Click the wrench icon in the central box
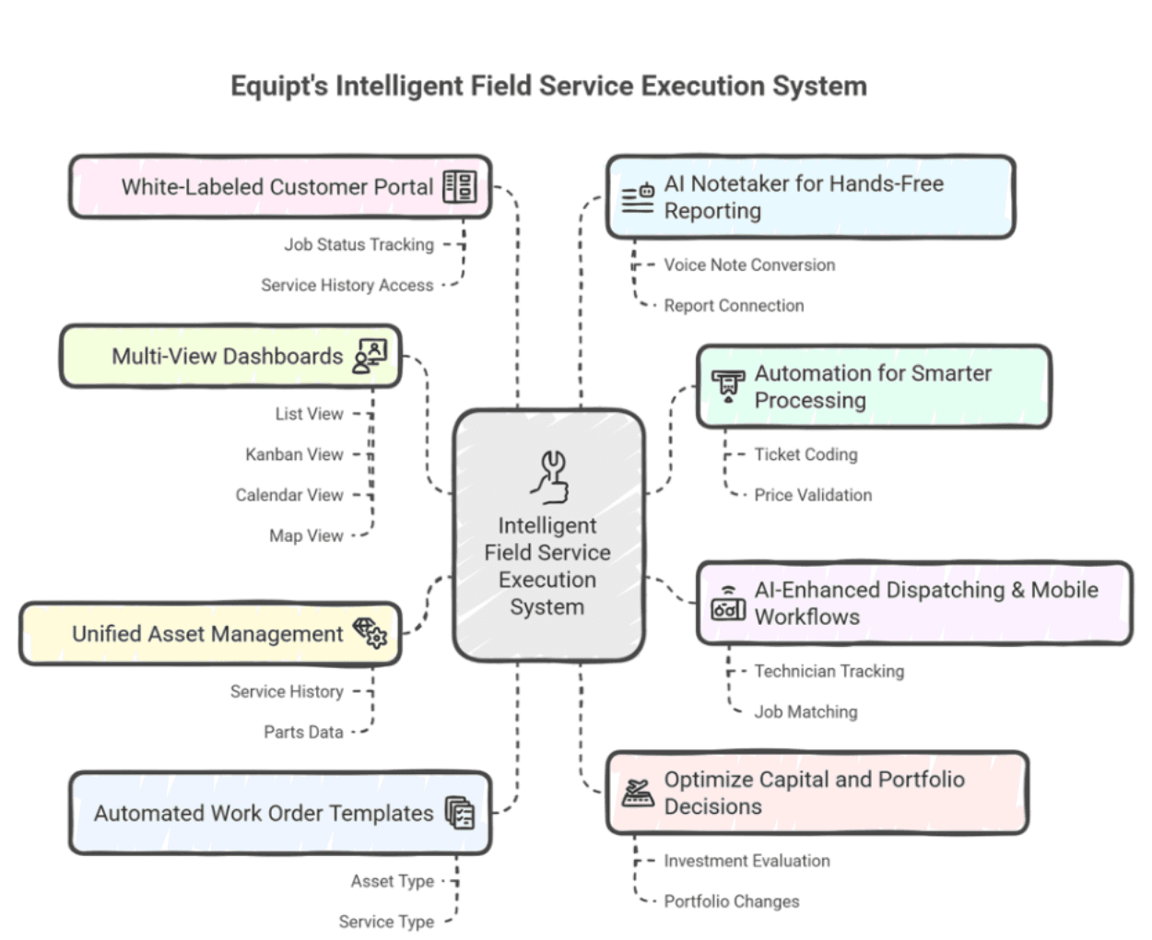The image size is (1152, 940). coord(551,476)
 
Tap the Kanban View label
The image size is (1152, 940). coord(294,454)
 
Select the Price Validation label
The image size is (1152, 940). coord(812,495)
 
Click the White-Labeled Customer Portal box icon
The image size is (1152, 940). coord(459,187)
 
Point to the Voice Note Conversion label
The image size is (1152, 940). coord(748,265)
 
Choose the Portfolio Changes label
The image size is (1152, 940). coord(731,901)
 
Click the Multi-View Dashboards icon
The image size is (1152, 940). coord(370,356)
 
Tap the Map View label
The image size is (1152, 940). coord(306,535)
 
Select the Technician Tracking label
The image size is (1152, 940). coord(829,671)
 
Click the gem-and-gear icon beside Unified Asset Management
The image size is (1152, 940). coord(370,633)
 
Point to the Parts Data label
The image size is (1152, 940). coord(303,732)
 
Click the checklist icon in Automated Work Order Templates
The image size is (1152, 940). coord(460,813)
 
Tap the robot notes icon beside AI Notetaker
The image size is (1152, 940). coord(638,197)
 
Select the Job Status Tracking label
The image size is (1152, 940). coord(359,244)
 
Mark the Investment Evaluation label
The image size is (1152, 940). coord(746,861)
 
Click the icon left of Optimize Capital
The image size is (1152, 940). coord(637,793)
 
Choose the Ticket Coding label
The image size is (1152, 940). coord(805,454)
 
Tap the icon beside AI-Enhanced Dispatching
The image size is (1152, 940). coord(728,604)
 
